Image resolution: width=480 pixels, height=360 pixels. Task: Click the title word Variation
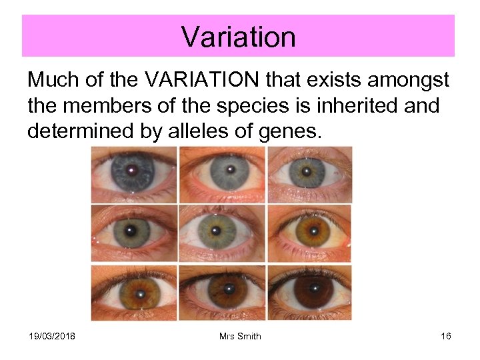pyautogui.click(x=238, y=37)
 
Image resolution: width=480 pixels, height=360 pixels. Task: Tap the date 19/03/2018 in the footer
pyautogui.click(x=53, y=336)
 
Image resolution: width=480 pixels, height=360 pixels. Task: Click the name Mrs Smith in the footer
pyautogui.click(x=240, y=336)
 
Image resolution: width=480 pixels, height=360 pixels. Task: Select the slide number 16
pyautogui.click(x=446, y=336)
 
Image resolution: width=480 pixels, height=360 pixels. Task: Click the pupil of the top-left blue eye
pyautogui.click(x=132, y=170)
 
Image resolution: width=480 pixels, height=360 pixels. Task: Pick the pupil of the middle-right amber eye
pyautogui.click(x=306, y=233)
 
